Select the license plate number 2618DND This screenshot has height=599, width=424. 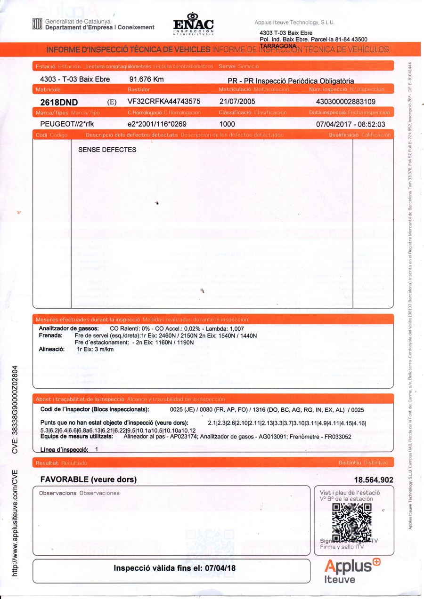tap(59, 102)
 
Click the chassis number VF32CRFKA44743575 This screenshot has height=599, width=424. tap(164, 101)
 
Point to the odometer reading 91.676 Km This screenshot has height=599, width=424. tap(147, 80)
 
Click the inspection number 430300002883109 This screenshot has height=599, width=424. tap(346, 101)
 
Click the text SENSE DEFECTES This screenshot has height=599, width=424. tap(107, 150)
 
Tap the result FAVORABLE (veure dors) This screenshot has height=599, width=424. tap(89, 479)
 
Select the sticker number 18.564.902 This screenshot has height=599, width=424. tap(373, 480)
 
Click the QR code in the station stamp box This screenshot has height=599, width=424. tap(351, 521)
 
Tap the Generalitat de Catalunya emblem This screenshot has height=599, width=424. tap(37, 24)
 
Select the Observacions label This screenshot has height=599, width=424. tap(57, 493)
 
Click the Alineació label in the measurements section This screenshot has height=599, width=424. tap(51, 349)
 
